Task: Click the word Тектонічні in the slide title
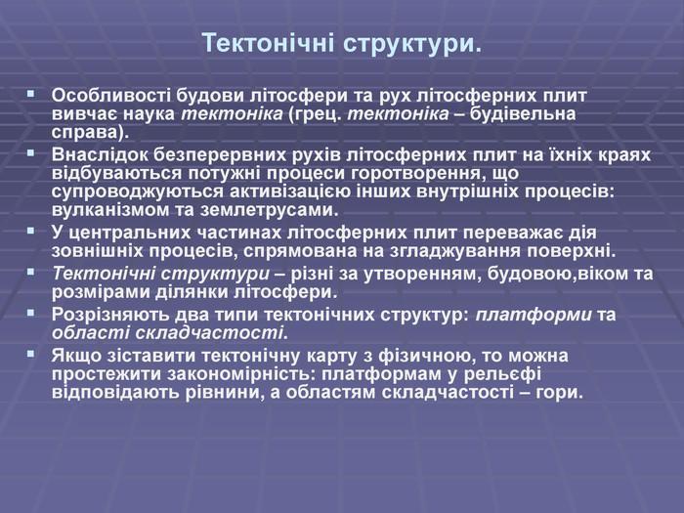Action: (269, 43)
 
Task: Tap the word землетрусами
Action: (270, 211)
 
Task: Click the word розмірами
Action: (102, 292)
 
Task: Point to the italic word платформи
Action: (534, 315)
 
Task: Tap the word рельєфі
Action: (502, 374)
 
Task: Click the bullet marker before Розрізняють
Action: (30, 313)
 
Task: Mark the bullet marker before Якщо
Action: (30, 354)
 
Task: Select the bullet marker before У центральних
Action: (30, 231)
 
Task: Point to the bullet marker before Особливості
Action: (30, 94)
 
